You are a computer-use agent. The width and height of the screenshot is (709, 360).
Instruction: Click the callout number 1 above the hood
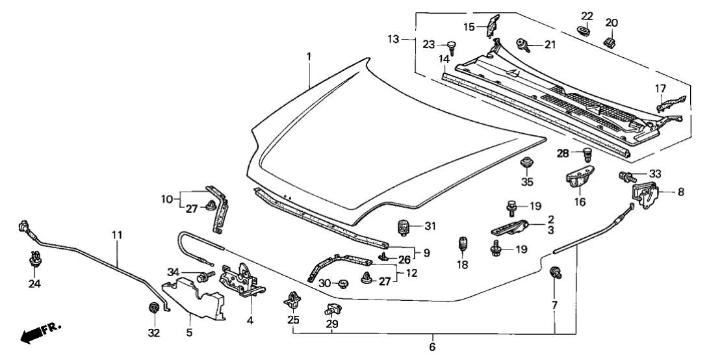click(x=309, y=57)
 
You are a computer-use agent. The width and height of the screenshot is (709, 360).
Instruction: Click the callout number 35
click(x=527, y=183)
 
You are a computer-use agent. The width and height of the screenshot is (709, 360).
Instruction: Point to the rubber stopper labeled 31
click(x=405, y=227)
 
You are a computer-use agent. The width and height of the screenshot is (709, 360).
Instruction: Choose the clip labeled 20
click(x=611, y=42)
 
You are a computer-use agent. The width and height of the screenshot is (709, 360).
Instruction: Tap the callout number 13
click(x=403, y=40)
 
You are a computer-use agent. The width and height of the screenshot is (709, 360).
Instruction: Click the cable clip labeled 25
click(x=292, y=300)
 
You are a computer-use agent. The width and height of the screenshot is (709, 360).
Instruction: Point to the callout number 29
click(x=331, y=324)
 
